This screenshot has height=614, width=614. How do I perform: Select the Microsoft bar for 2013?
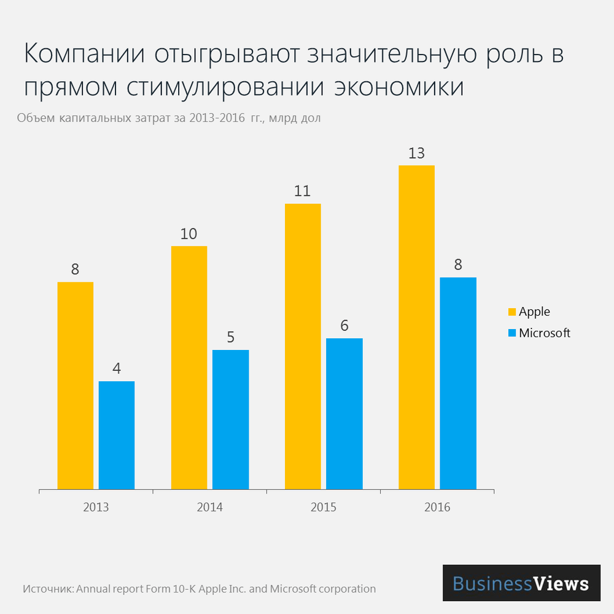(117, 435)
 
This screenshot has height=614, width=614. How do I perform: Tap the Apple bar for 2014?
(189, 368)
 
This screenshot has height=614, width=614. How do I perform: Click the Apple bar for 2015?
(303, 346)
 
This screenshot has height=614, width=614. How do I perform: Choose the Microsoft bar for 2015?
(344, 414)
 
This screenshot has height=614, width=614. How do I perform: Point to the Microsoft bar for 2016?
(458, 383)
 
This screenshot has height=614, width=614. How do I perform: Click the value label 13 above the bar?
(416, 153)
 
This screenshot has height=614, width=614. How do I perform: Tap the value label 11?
(302, 191)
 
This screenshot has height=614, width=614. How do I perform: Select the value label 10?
(188, 234)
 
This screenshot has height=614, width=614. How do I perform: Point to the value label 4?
(117, 369)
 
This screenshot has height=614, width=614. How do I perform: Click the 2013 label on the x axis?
(96, 508)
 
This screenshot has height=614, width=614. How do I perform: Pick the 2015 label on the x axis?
(324, 508)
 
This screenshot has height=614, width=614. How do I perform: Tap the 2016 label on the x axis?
(437, 508)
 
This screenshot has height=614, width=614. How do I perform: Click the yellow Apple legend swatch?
(511, 312)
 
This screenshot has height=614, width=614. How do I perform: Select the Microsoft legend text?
(545, 333)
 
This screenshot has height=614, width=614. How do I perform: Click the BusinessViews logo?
(521, 583)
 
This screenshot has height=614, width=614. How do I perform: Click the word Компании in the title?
(84, 55)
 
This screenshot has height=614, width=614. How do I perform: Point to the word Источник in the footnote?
(48, 589)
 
